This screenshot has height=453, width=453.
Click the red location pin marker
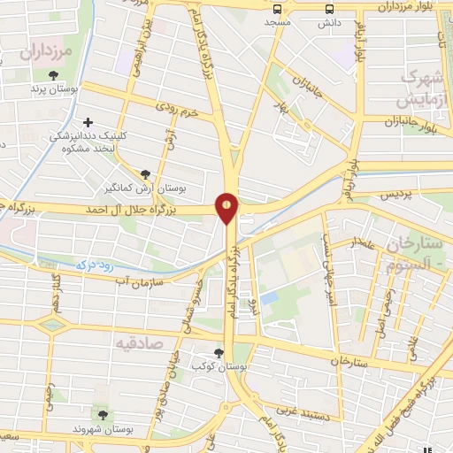pos(227,206)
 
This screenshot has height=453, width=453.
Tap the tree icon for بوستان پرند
pos(55,74)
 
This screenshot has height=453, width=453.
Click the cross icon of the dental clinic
pos(87,122)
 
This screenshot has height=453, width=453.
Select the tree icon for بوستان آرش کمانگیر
pos(146,174)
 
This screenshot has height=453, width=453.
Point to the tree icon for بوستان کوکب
pos(219,353)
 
